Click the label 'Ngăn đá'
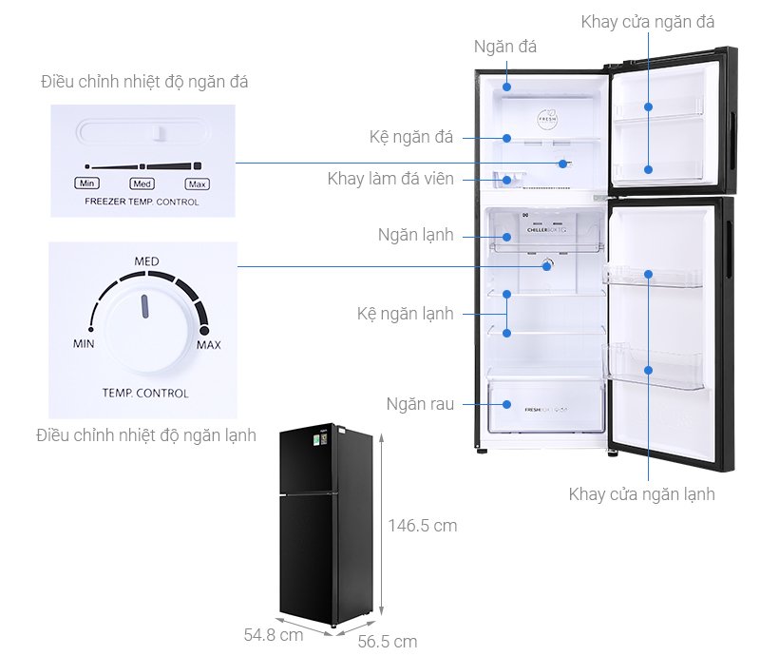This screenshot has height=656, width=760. tap(504, 47)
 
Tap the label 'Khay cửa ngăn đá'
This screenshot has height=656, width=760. tap(648, 21)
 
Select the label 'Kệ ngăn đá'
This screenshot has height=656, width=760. tap(411, 137)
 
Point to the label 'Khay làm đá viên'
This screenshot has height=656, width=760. tap(390, 179)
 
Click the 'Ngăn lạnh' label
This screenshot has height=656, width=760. tap(415, 234)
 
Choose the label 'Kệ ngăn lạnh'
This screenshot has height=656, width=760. tap(405, 313)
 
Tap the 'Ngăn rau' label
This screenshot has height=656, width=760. tap(420, 404)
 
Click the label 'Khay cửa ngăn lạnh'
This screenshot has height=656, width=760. tap(641, 493)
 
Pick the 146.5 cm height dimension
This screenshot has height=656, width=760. tap(422, 525)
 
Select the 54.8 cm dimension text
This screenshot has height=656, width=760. tap(273, 633)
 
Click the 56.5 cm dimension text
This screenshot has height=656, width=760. tap(387, 641)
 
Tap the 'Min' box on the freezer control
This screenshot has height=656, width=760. tap(86, 183)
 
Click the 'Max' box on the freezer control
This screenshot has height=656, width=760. tap(197, 183)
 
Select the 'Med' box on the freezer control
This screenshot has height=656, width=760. tap(142, 183)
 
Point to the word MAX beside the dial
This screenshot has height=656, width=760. tap(208, 344)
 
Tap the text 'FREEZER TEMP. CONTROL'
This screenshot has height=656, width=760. tap(142, 202)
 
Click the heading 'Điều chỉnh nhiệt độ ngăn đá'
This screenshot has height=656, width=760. tap(144, 82)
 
